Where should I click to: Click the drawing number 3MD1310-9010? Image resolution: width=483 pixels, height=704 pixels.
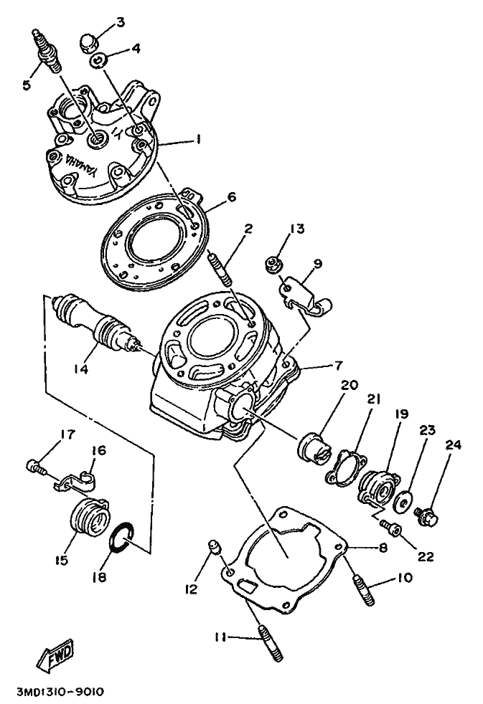coord(60,692)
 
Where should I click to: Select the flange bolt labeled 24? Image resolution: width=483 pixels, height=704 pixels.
coord(428,513)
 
